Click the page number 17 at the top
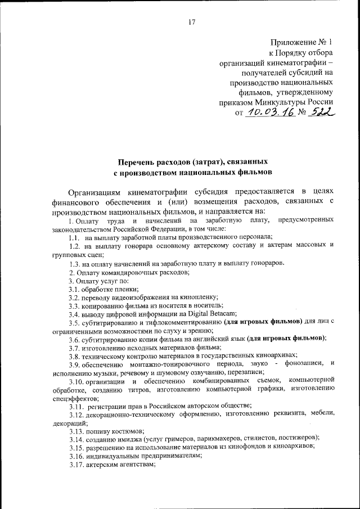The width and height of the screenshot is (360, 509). [x=192, y=22]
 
